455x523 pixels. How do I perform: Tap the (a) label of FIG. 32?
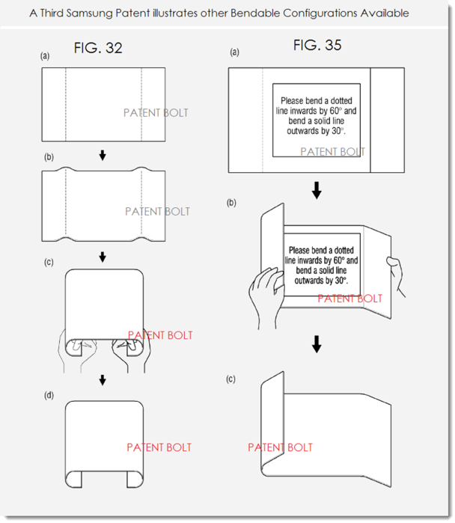[x=46, y=56]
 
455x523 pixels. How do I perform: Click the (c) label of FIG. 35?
[x=232, y=379]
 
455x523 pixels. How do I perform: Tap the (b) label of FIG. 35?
[x=232, y=203]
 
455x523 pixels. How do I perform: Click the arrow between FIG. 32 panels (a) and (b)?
[x=103, y=155]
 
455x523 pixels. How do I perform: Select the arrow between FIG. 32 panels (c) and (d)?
[x=103, y=381]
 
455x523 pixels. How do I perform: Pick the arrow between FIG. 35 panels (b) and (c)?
[x=317, y=343]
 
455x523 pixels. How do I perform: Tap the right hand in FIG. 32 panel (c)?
[x=134, y=352]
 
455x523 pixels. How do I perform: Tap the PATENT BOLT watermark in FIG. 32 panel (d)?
[x=159, y=447]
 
